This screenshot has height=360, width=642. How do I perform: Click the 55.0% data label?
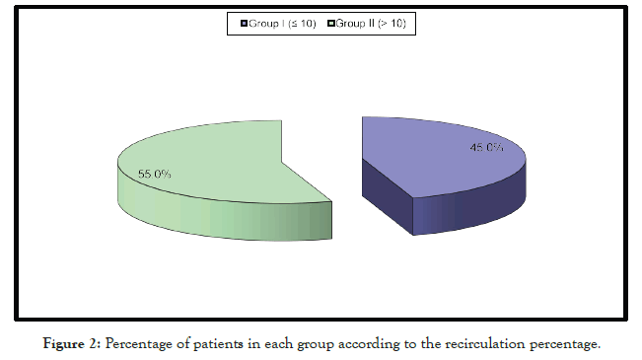[154, 174]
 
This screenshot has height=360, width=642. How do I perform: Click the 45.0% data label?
[486, 148]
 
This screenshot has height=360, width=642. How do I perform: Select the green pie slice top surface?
[207, 158]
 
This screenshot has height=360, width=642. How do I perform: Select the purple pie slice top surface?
[434, 158]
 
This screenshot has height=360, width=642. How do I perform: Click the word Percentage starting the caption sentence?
[138, 343]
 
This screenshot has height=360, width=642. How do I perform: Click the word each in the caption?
[278, 343]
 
